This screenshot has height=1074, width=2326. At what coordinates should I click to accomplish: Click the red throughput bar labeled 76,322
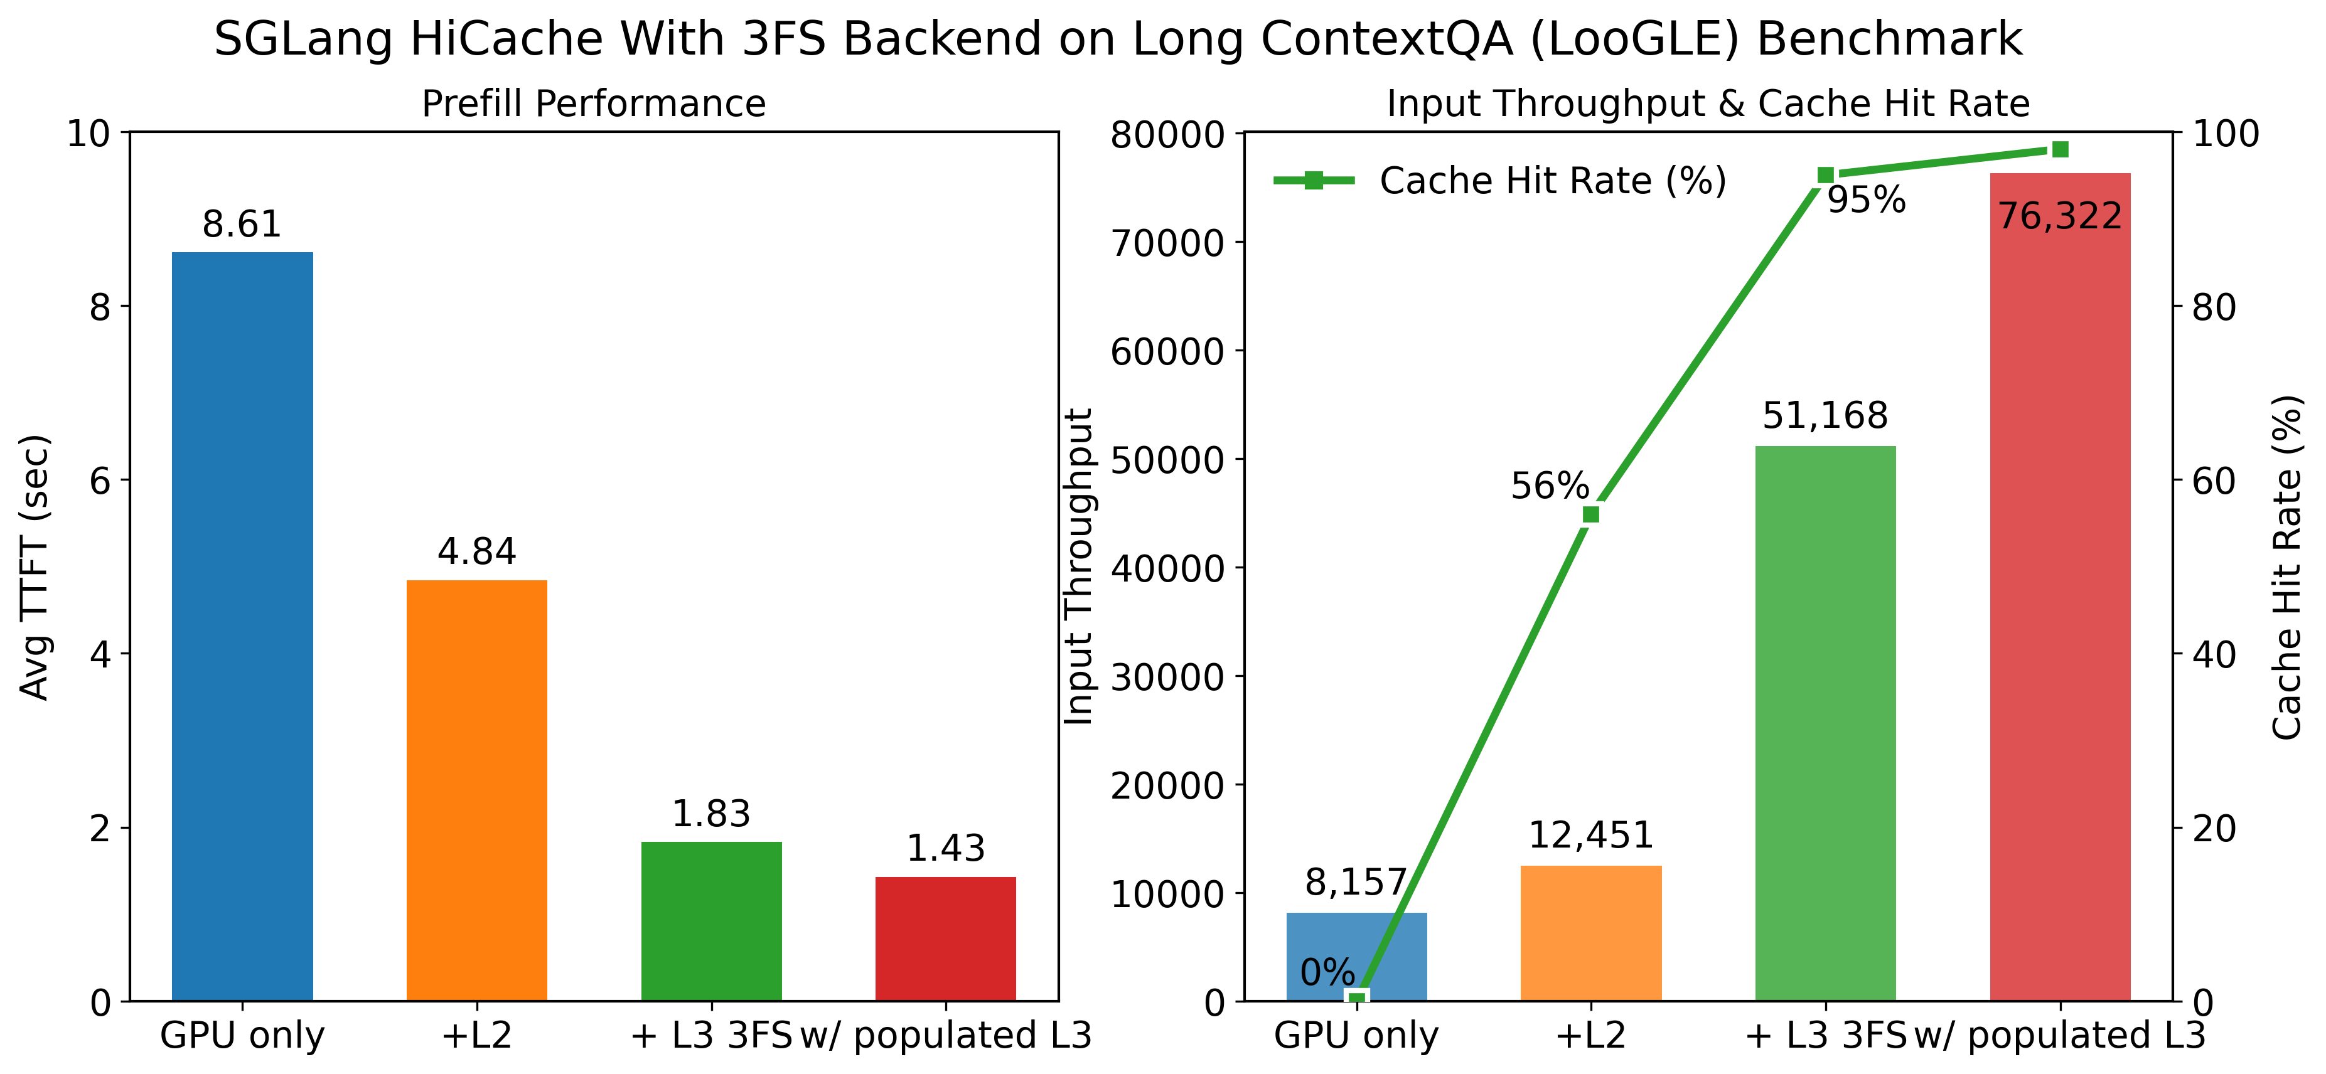click(x=2060, y=587)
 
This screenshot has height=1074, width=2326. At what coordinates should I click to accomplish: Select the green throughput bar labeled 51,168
click(x=1825, y=722)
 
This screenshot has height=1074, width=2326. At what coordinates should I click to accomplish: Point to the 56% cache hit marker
click(x=1591, y=514)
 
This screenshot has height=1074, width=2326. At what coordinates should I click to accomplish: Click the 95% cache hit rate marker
click(x=1825, y=175)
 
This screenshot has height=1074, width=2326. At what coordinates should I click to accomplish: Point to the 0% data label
click(x=1327, y=973)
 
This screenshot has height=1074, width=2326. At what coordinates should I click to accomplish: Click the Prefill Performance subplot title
click(x=593, y=104)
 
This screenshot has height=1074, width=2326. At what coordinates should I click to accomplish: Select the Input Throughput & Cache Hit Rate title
click(x=1708, y=104)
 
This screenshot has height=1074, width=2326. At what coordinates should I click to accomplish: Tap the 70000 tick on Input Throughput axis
click(x=1167, y=243)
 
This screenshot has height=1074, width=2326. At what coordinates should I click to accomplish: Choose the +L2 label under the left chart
click(x=477, y=1035)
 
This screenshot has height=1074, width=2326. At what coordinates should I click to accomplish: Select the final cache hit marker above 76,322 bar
click(x=2060, y=149)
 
